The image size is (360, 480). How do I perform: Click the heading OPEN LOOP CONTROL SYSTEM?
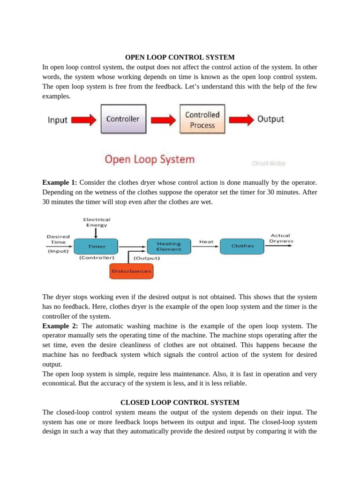[180, 57]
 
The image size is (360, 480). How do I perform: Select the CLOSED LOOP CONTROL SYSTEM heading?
[180, 402]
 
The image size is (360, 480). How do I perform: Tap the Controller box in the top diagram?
[123, 119]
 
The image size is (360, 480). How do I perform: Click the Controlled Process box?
[202, 120]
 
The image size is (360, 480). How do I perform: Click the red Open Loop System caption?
[150, 159]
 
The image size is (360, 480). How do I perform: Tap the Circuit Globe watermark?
[268, 163]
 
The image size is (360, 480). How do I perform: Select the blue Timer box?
[97, 246]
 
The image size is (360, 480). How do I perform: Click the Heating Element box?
[169, 247]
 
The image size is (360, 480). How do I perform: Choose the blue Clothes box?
[242, 246]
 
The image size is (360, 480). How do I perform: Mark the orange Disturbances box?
[131, 271]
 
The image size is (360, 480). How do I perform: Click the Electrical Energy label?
[97, 222]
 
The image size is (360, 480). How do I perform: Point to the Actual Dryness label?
[281, 238]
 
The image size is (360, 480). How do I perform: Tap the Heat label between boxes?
[206, 242]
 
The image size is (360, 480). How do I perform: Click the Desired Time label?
[58, 240]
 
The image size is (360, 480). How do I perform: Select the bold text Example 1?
[60, 182]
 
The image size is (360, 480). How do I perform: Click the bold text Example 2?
[60, 326]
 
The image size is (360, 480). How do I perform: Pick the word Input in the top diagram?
[58, 120]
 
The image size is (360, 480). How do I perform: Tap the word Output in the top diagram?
[270, 119]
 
